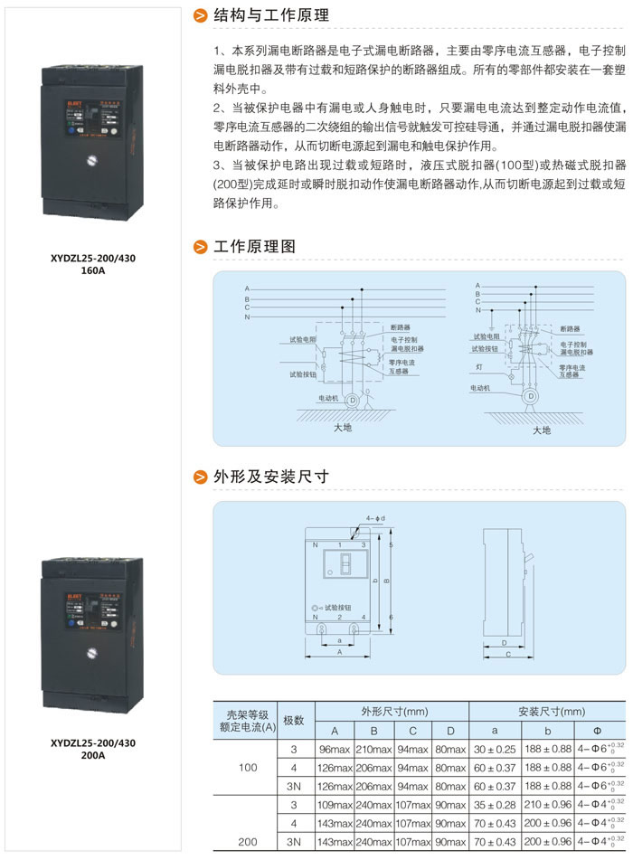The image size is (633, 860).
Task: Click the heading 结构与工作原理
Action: [x=270, y=15]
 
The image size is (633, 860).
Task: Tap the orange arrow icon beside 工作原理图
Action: [x=201, y=247]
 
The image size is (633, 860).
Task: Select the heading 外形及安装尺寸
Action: [x=270, y=477]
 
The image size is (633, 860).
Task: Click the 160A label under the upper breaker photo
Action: [x=93, y=269]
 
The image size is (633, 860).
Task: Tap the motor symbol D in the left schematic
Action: [x=353, y=399]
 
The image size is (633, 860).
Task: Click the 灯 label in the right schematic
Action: [x=479, y=368]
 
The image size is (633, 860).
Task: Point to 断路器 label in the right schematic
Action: [x=570, y=329]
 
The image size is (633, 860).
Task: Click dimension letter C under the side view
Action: [x=508, y=654]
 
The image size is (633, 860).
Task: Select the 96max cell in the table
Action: [x=334, y=750]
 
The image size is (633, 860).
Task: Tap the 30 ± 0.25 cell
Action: [x=494, y=750]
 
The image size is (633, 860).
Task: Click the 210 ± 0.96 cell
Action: [x=547, y=803]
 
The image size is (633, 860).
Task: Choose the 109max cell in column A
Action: [x=334, y=803]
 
